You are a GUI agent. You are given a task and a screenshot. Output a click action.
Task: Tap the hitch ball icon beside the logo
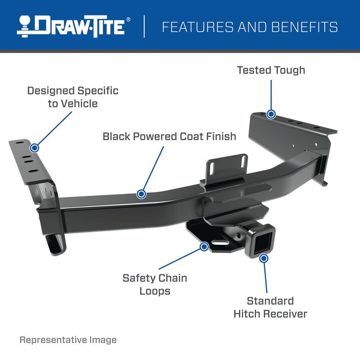(x=25, y=26)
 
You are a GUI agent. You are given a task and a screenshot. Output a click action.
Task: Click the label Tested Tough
(x=271, y=70)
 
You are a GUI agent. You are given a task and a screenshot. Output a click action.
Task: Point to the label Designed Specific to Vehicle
(x=73, y=97)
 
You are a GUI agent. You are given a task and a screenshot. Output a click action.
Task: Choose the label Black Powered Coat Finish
(x=169, y=136)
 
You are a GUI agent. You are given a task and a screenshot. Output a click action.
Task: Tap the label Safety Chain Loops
(x=155, y=284)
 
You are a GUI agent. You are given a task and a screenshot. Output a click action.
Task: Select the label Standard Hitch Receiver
(x=270, y=307)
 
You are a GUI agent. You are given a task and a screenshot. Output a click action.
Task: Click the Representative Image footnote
(x=68, y=340)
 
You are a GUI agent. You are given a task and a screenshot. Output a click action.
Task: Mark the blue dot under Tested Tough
(x=271, y=114)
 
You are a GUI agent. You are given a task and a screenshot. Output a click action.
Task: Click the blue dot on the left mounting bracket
(x=34, y=148)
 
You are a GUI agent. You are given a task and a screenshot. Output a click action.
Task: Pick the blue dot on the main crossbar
(x=141, y=194)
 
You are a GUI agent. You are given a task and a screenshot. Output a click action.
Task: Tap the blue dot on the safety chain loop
(x=204, y=246)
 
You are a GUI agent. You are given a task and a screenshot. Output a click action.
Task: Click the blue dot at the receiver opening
(x=264, y=258)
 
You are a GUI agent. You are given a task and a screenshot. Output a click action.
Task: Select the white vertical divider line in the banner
(x=145, y=26)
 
